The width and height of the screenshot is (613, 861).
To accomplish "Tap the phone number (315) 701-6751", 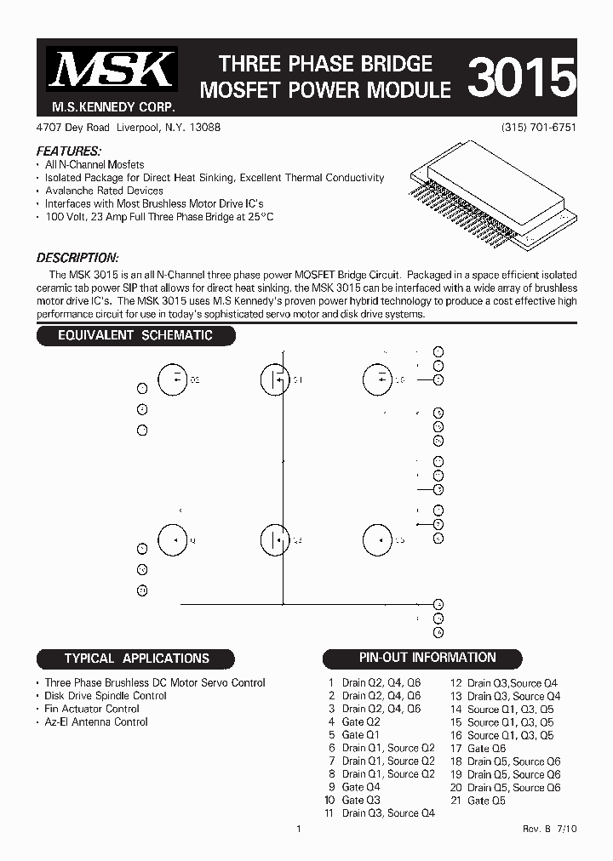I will (x=540, y=127).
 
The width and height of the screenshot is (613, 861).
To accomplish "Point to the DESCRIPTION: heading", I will (x=77, y=258).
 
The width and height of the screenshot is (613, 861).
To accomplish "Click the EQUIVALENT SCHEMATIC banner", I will (x=135, y=335).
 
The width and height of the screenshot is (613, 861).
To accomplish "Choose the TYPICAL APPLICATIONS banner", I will (x=136, y=659).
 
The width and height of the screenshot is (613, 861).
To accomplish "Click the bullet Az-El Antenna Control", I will (x=96, y=722).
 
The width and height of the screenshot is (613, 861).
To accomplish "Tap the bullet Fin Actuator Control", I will (x=92, y=709).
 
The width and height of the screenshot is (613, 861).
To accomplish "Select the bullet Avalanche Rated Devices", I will (x=104, y=191).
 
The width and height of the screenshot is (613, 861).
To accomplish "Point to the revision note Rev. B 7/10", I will (x=550, y=829).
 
